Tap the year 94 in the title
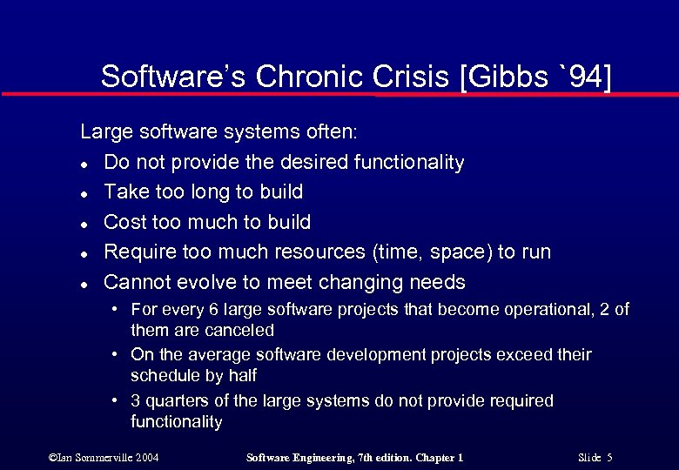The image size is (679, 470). point(586,77)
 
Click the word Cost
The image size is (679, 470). point(125,222)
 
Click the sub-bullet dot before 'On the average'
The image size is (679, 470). point(115,355)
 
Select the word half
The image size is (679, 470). point(239,376)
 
